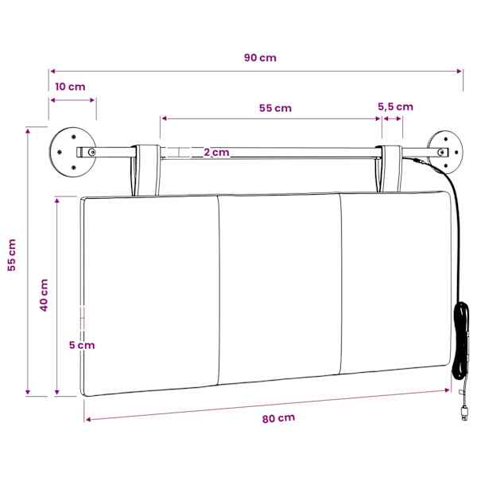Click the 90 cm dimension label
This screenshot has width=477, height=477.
coord(260,58)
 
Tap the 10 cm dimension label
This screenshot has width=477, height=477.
coord(70,87)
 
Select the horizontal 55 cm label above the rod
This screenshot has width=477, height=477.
coord(275,108)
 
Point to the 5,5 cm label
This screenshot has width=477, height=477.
coord(395,107)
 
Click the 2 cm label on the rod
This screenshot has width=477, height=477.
coord(216,152)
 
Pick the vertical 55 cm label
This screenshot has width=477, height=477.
coord(12,255)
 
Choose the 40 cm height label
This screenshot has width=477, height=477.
coord(44,295)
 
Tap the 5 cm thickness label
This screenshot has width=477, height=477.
coord(82,345)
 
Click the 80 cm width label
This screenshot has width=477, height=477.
coord(278,419)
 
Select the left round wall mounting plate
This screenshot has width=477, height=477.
coord(72,152)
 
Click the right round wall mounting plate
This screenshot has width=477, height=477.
coord(445,152)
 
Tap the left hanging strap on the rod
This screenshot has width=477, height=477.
coord(146,170)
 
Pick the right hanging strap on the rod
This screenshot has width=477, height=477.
coord(390,169)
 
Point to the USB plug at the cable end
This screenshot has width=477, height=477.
coord(464,413)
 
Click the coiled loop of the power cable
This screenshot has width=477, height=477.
coord(461,341)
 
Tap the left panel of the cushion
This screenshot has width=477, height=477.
coord(150,295)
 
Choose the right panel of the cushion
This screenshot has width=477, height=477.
coord(395,281)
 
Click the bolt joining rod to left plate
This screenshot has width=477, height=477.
coord(91,152)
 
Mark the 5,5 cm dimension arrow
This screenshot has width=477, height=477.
coord(393,118)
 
